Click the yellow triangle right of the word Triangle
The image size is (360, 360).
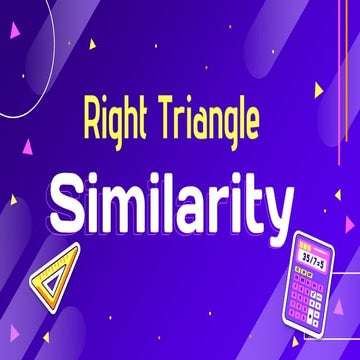(318, 90)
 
